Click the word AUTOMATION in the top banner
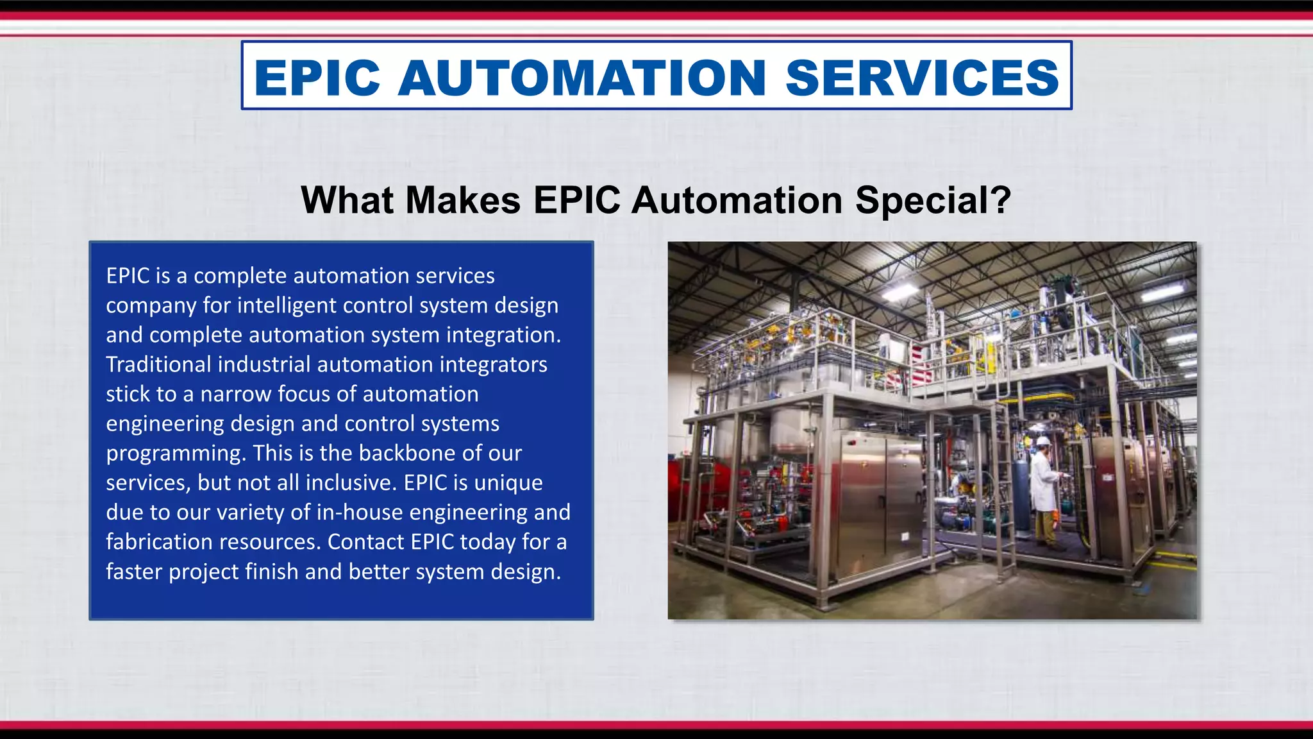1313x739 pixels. (x=581, y=78)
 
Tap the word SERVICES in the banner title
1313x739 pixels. (x=922, y=78)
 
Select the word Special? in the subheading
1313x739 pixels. (x=933, y=200)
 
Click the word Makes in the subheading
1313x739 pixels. (x=463, y=200)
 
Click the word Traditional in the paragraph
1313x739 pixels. (x=158, y=364)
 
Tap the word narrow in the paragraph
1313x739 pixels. (x=235, y=394)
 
